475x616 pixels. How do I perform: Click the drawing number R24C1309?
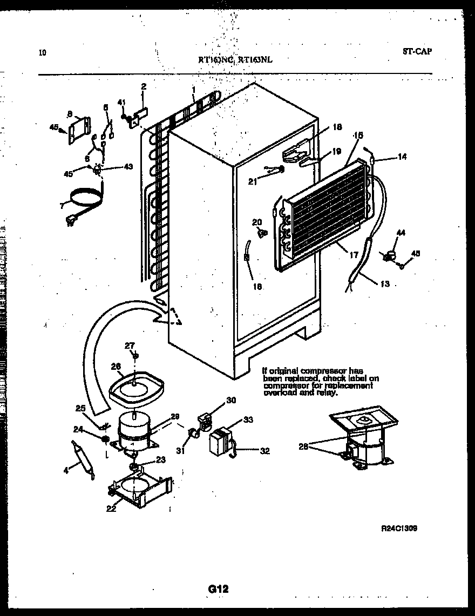tap(399, 529)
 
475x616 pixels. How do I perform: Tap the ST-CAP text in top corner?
tap(417, 52)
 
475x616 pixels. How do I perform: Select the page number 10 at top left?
tap(43, 53)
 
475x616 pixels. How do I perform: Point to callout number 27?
tap(130, 346)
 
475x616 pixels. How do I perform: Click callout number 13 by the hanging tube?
tap(385, 284)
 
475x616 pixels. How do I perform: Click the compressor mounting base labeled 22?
tap(141, 490)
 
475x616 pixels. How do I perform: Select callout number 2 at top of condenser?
tap(144, 86)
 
